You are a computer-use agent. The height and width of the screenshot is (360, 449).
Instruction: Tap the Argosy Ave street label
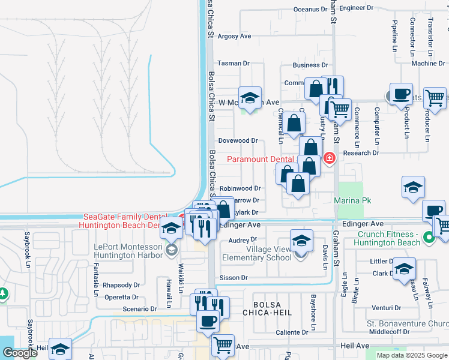(x=234, y=36)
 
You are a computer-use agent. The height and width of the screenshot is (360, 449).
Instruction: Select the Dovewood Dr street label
(x=238, y=141)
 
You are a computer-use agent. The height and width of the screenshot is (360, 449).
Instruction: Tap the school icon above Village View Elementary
(x=301, y=241)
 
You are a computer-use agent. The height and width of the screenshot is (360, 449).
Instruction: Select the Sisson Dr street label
(x=234, y=278)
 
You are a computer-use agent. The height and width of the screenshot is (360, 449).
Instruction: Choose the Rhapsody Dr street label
(x=121, y=285)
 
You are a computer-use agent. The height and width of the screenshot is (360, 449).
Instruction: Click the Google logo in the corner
(x=20, y=353)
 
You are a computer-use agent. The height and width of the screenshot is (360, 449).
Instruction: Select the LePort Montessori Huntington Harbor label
(x=128, y=251)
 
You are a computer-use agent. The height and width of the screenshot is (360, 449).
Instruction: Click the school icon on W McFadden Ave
(x=250, y=98)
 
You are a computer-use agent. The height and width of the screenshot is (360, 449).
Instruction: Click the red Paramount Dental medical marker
(x=329, y=158)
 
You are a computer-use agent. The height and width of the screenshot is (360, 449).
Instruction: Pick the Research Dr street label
(x=361, y=153)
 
